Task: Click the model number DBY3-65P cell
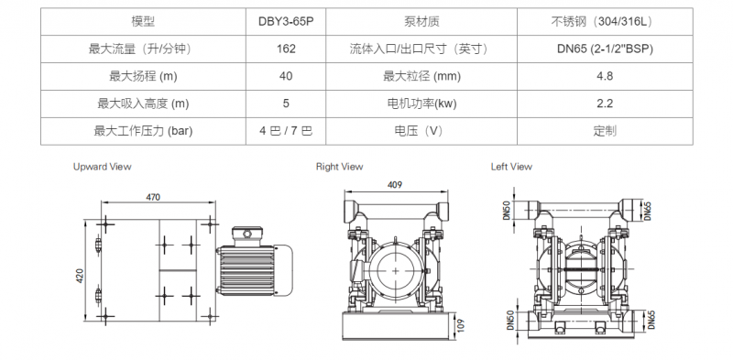286,21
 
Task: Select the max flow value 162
286,49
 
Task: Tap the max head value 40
286,76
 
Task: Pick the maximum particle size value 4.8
605,76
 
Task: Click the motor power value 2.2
605,104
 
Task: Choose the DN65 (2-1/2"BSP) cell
605,49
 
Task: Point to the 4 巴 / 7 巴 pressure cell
286,130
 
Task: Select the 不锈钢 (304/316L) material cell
605,21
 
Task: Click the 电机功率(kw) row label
421,104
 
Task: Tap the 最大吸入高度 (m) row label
143,104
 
